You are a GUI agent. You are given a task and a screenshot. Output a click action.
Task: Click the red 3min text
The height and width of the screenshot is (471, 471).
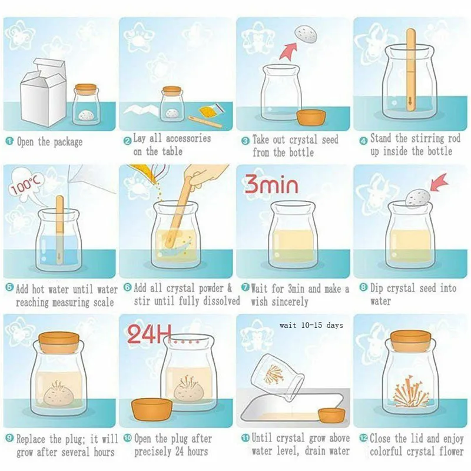click(x=271, y=184)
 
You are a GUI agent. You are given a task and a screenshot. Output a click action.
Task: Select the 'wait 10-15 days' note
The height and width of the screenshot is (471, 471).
click(x=311, y=326)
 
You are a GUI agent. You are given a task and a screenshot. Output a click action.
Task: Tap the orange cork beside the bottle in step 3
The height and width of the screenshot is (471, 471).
click(x=311, y=117)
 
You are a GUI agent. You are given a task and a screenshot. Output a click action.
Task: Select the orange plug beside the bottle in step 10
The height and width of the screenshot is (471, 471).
click(x=152, y=409)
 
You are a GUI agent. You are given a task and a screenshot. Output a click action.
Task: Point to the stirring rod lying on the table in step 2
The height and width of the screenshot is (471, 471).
click(x=205, y=121)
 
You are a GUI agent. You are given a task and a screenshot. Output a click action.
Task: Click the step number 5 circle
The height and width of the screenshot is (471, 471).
click(x=9, y=288)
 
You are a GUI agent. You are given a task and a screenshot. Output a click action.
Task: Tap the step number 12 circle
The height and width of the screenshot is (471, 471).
click(x=363, y=438)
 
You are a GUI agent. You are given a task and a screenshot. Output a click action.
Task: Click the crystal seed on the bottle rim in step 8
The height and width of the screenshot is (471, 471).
click(x=418, y=198)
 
